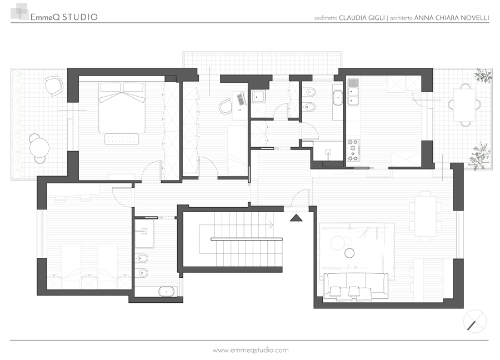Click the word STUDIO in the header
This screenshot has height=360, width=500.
coord(79,17)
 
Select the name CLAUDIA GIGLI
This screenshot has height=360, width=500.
coord(362,18)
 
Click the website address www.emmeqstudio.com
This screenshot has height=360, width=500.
coord(251,350)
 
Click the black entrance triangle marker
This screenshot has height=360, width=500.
coord(296,218)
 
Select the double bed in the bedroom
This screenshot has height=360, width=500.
coord(122,107)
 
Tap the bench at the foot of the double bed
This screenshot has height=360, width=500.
coord(122,139)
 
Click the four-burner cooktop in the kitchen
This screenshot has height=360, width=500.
coord(353,150)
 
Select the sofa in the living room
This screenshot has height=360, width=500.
coord(356,286)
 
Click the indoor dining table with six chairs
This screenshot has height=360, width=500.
coord(426,216)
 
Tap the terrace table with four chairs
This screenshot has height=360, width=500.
coord(464,105)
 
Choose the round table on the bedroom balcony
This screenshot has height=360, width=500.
coord(39,148)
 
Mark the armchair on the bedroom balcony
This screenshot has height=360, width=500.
coord(53,86)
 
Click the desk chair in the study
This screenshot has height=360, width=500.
coord(226,106)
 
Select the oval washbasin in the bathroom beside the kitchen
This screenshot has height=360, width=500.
coord(338,98)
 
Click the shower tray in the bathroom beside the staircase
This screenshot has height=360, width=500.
coord(144,233)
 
